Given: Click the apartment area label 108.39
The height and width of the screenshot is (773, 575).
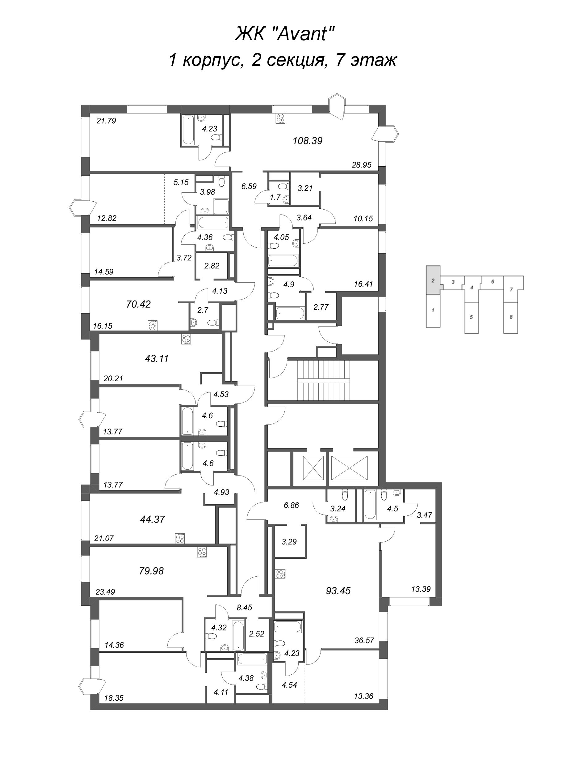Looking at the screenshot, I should tap(308, 141).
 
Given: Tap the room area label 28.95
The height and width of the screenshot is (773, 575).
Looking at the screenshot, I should tap(362, 165).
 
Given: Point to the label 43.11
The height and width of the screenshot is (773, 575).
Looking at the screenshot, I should tap(157, 358).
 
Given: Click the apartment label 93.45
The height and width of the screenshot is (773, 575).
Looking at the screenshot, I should tap(338, 591).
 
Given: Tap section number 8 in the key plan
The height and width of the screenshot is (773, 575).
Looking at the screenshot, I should tap(511, 317).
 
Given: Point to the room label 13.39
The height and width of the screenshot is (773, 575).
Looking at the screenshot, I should tap(421, 589).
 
